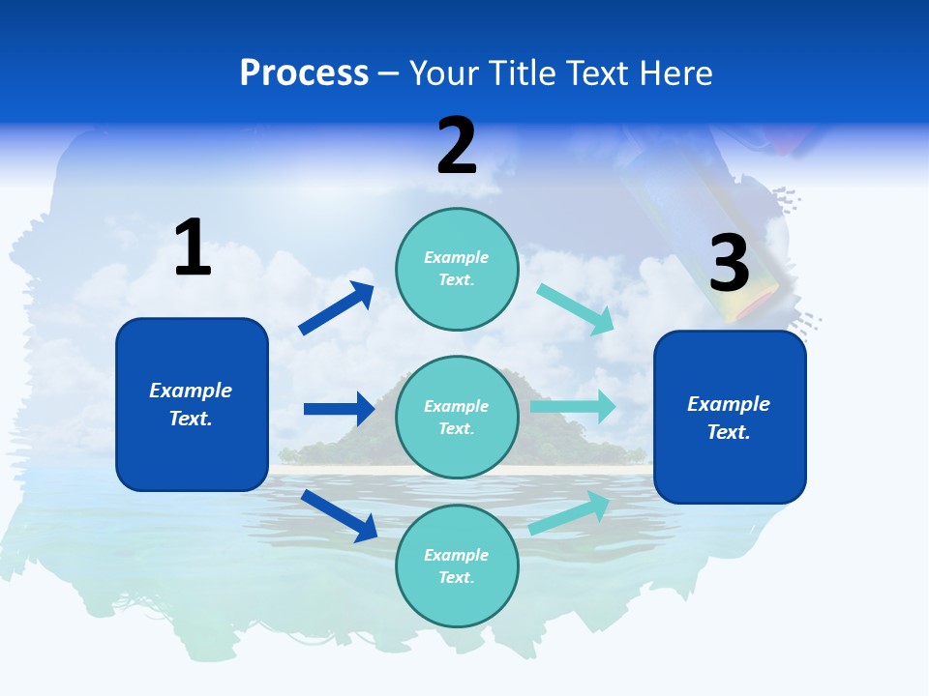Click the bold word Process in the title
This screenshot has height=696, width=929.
click(x=304, y=73)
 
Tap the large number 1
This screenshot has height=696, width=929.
click(x=193, y=248)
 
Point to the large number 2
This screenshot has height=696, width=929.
click(x=457, y=147)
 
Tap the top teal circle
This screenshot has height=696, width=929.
click(x=457, y=268)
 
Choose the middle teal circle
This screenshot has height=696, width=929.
click(x=457, y=417)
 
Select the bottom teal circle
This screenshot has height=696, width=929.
click(x=457, y=565)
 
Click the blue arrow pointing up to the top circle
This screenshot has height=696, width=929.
click(x=336, y=308)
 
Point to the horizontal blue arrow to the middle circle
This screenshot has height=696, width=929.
click(x=339, y=409)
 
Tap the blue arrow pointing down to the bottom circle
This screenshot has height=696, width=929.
click(x=339, y=515)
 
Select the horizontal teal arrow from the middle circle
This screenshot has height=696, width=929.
click(x=573, y=407)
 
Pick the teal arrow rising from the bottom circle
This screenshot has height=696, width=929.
click(x=570, y=513)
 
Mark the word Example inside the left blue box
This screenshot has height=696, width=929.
click(x=191, y=391)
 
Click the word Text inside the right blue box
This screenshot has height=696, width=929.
click(x=728, y=432)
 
